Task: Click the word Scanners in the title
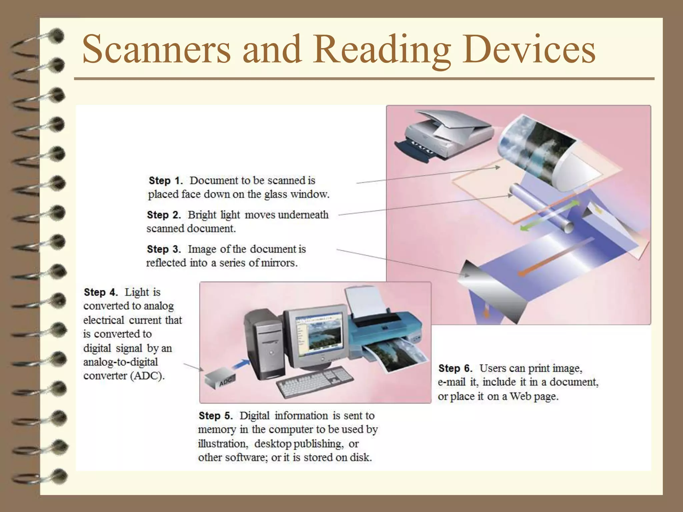pyautogui.click(x=156, y=49)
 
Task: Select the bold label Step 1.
pyautogui.click(x=166, y=181)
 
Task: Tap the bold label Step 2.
pyautogui.click(x=164, y=215)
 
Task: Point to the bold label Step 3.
pyautogui.click(x=164, y=249)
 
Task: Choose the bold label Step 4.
pyautogui.click(x=101, y=292)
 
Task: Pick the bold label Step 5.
pyautogui.click(x=215, y=416)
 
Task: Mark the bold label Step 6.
pyautogui.click(x=455, y=368)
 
